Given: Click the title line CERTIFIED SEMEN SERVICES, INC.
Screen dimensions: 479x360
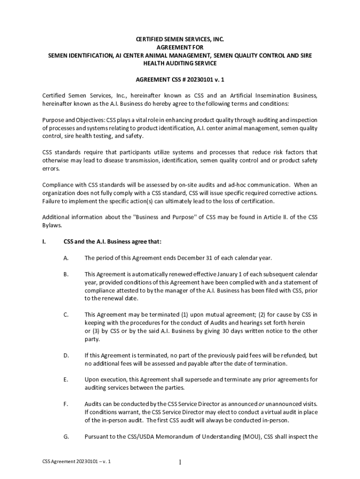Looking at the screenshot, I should click(180, 40).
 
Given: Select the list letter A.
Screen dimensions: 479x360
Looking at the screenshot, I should click(66, 258).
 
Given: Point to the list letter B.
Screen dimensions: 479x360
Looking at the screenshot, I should click(66, 274).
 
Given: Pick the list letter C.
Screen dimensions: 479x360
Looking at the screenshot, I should click(66, 314).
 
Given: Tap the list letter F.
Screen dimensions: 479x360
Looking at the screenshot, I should click(66, 403).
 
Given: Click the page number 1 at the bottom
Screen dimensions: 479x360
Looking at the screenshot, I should click(180, 463).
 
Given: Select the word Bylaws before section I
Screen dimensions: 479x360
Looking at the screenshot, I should click(51, 225).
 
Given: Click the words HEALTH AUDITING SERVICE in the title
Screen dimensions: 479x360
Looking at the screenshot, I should click(180, 63).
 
